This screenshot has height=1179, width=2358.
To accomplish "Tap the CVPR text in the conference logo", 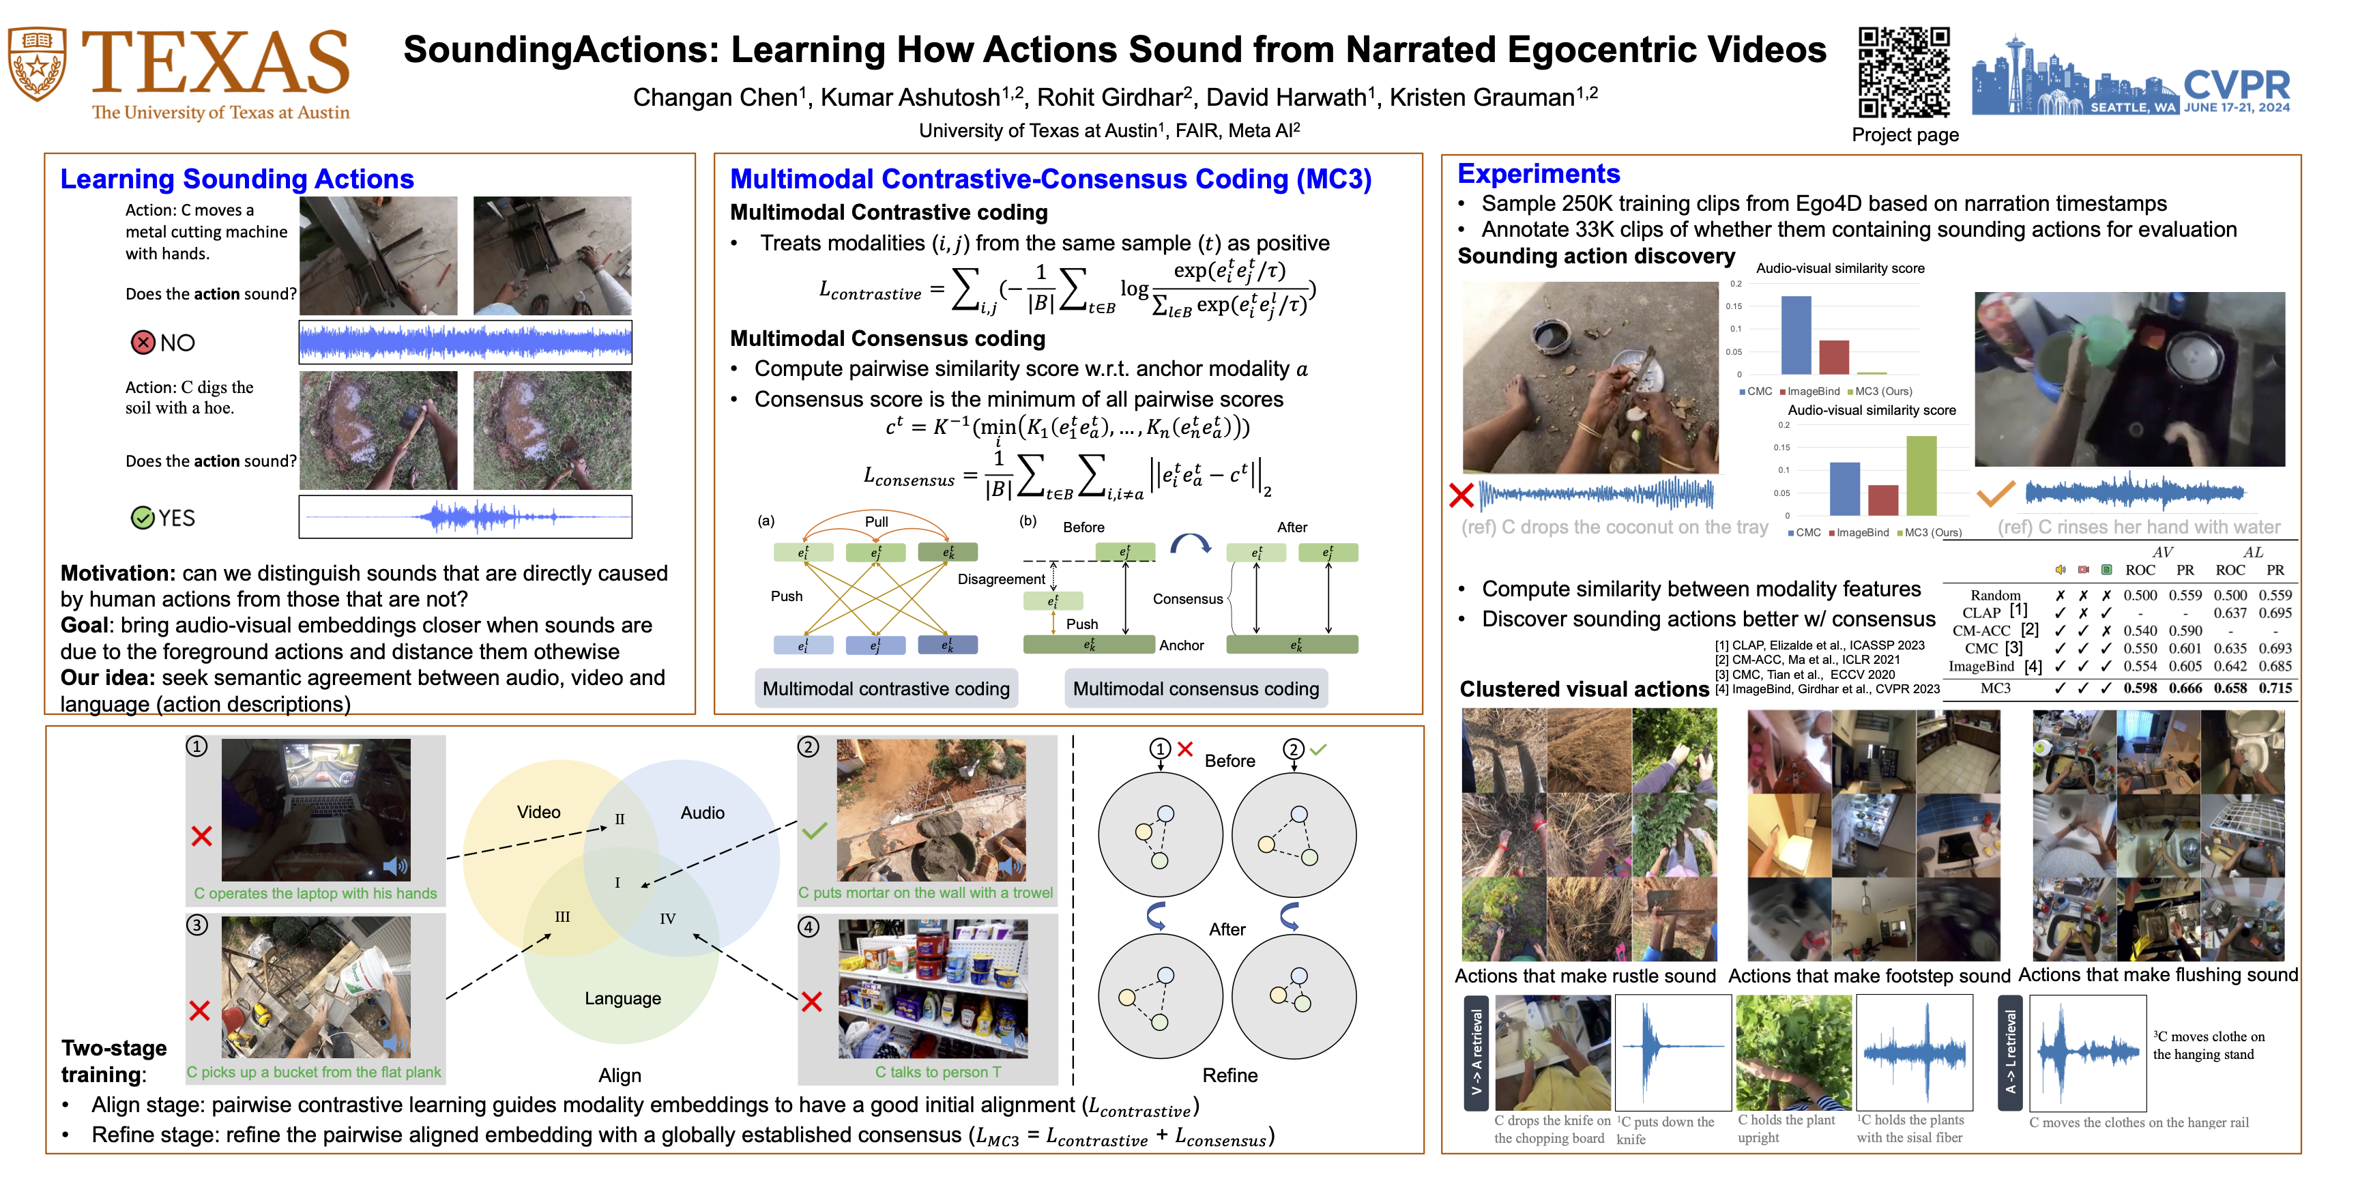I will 2237,85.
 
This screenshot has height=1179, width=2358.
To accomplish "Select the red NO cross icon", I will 143,343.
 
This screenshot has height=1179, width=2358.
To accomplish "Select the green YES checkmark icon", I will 143,518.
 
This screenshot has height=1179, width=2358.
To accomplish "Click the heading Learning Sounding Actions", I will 237,179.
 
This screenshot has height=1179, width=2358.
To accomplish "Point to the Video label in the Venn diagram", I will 538,812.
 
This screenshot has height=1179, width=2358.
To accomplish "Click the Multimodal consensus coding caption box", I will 1195,688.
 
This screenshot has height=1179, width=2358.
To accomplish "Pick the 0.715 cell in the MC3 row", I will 2275,688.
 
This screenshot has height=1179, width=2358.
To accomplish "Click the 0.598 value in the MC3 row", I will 2140,688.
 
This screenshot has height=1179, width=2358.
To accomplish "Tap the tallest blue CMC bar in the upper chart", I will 1796,335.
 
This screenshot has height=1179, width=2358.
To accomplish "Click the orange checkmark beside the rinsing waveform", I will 1996,493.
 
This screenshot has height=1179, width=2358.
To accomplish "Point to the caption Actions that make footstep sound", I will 1868,976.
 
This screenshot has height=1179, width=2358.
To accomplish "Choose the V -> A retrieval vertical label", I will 1476,1053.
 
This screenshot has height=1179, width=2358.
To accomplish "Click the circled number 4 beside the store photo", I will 809,927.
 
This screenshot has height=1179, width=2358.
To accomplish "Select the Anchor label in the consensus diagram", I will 1182,645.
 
